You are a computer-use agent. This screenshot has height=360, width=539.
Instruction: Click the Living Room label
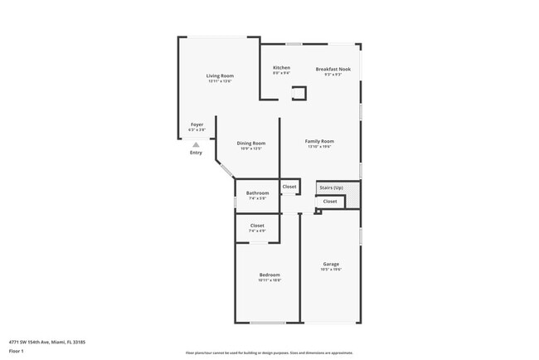click(220, 75)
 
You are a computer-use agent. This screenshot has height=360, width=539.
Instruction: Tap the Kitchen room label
click(282, 67)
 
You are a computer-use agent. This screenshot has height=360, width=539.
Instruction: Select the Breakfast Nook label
click(333, 69)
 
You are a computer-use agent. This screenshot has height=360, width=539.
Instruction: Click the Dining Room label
click(250, 143)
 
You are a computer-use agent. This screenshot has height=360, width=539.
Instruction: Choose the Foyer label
click(197, 124)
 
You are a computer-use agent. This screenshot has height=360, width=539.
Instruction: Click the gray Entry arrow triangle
click(196, 144)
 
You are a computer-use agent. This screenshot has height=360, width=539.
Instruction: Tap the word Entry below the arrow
click(196, 153)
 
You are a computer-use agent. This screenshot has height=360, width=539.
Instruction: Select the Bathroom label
click(257, 193)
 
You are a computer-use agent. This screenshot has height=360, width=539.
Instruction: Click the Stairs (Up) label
click(332, 188)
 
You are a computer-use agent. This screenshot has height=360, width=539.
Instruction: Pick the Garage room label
click(331, 264)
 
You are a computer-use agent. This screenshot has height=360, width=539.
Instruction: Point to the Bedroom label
click(269, 275)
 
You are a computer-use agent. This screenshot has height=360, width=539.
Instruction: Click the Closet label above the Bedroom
click(257, 226)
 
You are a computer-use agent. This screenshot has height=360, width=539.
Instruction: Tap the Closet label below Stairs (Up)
click(330, 202)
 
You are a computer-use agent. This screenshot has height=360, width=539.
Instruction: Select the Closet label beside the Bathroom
click(289, 187)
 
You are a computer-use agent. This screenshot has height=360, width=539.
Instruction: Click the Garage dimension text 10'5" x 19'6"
click(331, 270)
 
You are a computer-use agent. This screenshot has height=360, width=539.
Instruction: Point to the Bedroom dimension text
click(269, 280)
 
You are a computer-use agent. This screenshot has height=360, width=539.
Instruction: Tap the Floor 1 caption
click(17, 352)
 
